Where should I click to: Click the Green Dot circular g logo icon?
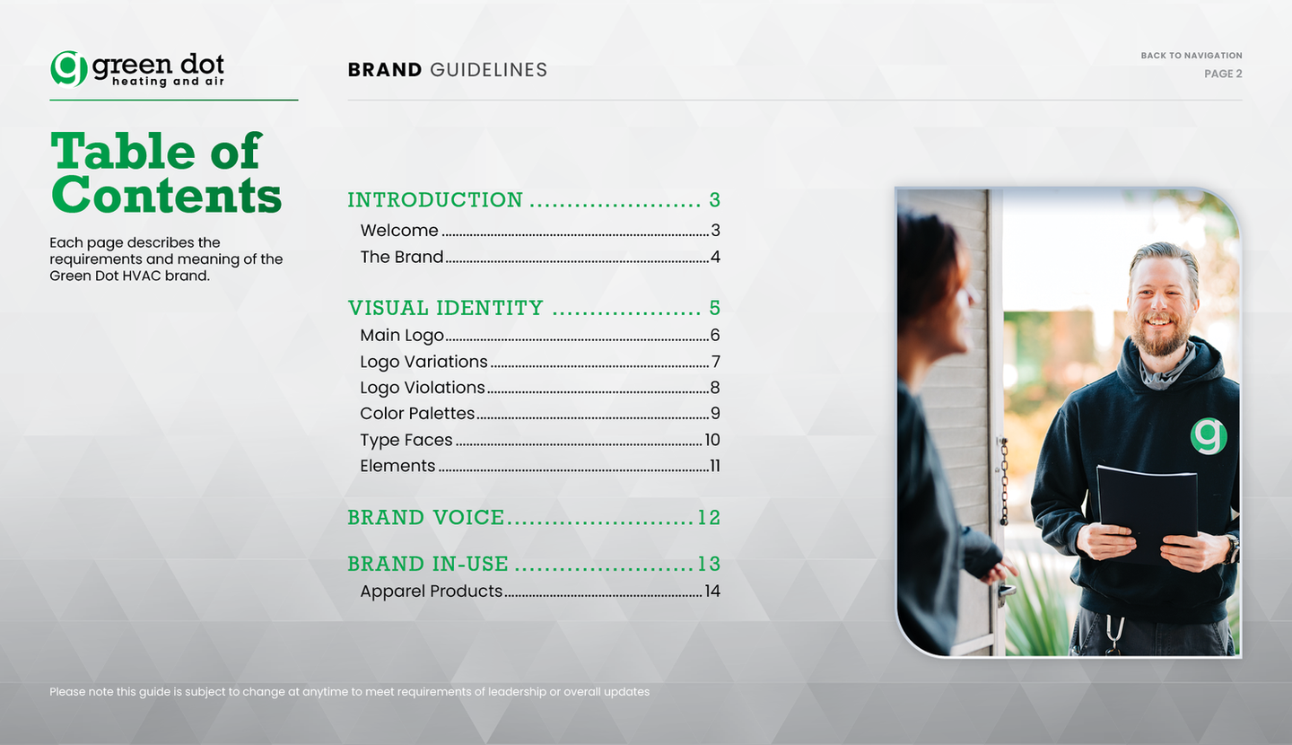pos(68,69)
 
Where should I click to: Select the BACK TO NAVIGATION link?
pos(1192,56)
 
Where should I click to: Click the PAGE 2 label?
pos(1223,74)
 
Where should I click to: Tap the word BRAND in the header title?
pos(385,70)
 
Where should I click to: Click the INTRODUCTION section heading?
pos(435,199)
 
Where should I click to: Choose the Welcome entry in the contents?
pos(399,231)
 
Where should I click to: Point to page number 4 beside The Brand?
pos(715,257)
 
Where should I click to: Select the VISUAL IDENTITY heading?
pos(445,308)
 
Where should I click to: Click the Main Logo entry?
pos(402,336)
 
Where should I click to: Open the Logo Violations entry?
pos(423,387)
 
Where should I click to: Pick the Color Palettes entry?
pos(417,413)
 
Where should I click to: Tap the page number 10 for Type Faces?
pos(712,440)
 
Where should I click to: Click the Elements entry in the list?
pos(397,466)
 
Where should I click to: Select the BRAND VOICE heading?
pos(425,518)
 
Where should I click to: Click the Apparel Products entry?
pos(432,591)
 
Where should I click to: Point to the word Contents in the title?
pos(166,196)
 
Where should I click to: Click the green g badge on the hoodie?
pos(1209,435)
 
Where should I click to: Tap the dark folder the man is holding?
pos(1147,511)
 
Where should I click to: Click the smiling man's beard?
pos(1160,337)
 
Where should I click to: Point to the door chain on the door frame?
pos(1004,481)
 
